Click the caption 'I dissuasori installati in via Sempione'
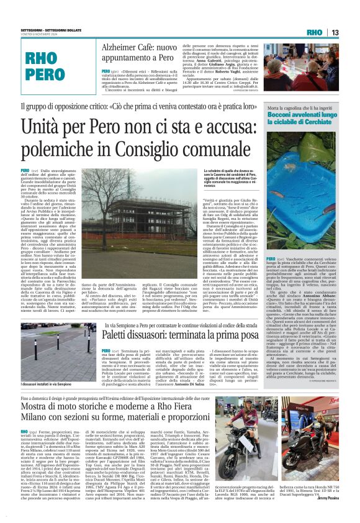coord(46,402)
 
